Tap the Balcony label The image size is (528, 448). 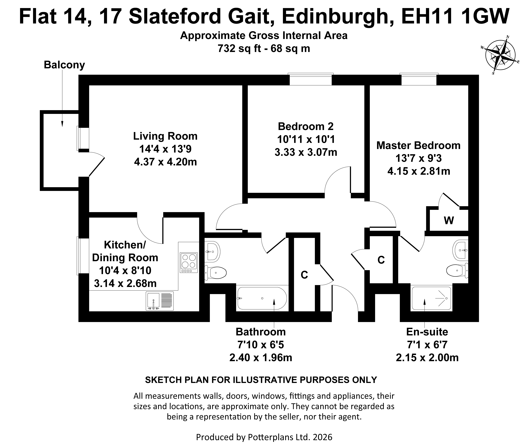click(64, 65)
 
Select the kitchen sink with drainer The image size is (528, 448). click(160, 301)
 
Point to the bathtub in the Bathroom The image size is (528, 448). click(262, 298)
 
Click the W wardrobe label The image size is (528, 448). click(449, 220)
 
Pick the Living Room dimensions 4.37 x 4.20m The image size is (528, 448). click(165, 162)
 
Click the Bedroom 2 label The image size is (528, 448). click(306, 126)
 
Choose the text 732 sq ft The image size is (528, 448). click(239, 48)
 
